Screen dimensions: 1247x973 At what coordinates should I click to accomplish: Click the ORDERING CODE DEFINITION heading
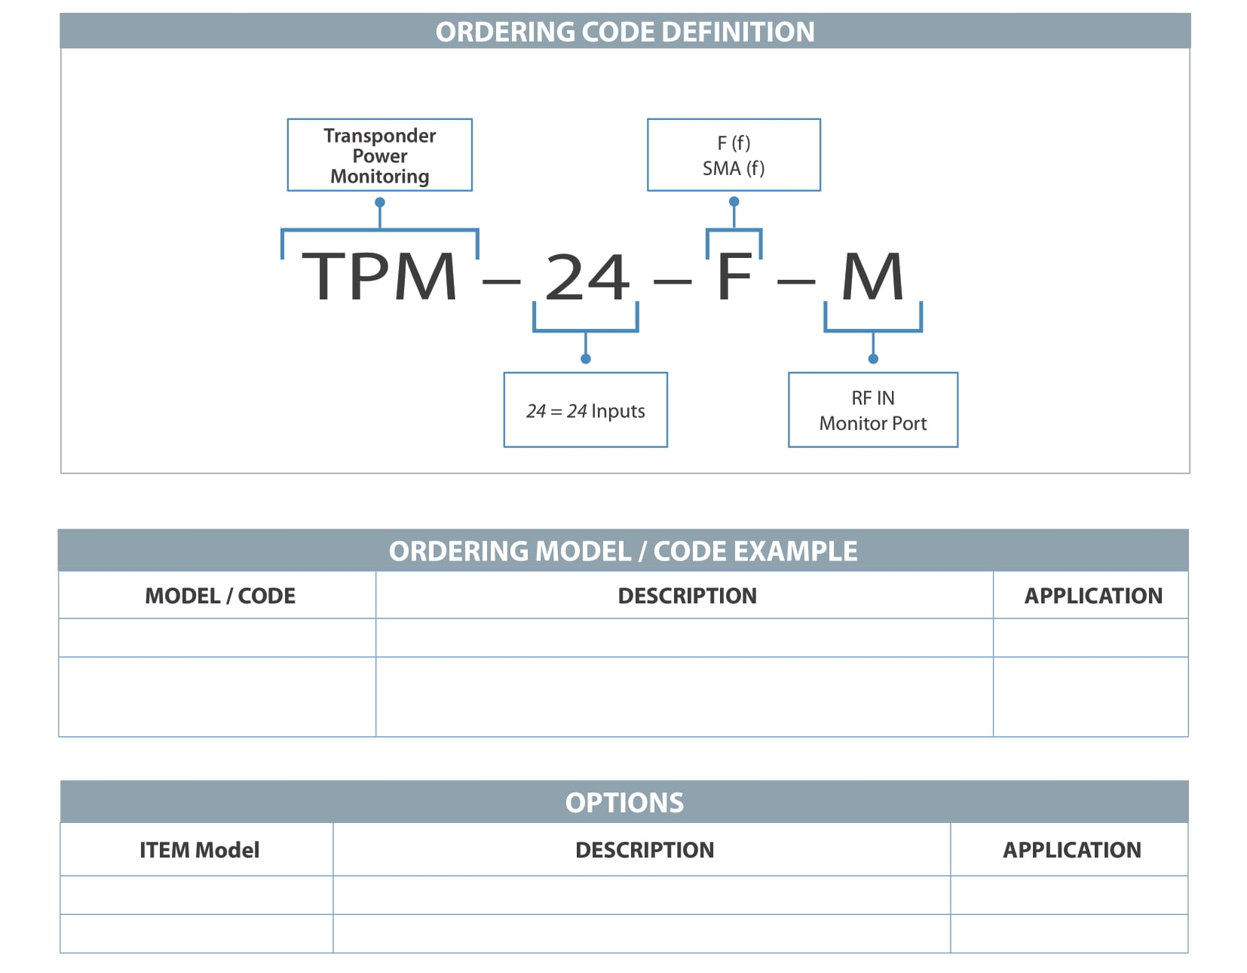pos(624,32)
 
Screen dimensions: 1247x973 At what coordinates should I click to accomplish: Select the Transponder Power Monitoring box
pos(379,155)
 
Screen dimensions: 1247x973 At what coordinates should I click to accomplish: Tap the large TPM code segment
pos(378,276)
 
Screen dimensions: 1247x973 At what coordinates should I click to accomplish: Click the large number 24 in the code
pos(587,277)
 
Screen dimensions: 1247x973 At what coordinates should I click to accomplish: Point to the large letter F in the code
pos(734,276)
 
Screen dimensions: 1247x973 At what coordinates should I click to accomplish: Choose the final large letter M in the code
pos(872,276)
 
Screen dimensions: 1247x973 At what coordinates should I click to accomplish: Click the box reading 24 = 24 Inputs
pos(585,410)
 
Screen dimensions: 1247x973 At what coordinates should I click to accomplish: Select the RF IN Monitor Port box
pos(873,410)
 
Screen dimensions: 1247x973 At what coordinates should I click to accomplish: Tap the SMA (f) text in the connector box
pos(734,168)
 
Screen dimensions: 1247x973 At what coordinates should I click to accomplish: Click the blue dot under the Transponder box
pos(380,202)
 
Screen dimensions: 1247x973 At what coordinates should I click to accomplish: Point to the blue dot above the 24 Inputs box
pos(585,359)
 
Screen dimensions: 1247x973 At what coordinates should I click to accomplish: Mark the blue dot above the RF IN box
pos(873,359)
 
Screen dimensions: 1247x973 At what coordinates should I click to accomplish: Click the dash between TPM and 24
pos(501,282)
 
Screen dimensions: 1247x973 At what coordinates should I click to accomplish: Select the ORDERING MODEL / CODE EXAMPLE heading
pos(623,551)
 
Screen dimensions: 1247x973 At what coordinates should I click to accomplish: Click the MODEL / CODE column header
pos(220,596)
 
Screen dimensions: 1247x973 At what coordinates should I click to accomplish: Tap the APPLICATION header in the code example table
pos(1093,596)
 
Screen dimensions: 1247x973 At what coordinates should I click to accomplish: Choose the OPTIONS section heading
pos(624,803)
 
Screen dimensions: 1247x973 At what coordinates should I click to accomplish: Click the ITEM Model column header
pos(199,850)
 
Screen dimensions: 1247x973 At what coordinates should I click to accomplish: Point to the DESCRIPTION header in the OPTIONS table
pos(645,850)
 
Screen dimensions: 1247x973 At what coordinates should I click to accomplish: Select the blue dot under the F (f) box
pos(734,201)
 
